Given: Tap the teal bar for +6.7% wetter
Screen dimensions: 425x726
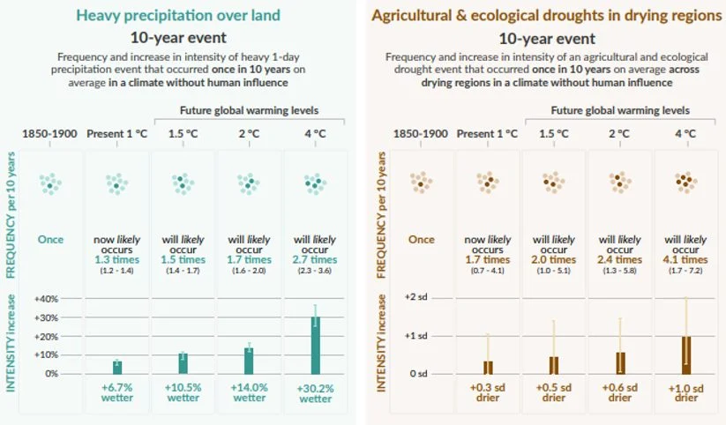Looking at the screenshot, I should (117, 367).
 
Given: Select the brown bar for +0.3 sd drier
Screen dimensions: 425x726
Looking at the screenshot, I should (488, 367).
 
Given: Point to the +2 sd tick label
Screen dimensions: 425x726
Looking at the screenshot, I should (415, 299).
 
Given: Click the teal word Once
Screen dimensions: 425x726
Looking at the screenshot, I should (50, 239).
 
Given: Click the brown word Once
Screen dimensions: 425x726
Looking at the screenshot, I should (421, 239).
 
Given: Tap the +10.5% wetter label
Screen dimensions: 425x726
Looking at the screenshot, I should (183, 392).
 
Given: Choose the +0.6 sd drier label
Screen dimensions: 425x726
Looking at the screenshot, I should (619, 392).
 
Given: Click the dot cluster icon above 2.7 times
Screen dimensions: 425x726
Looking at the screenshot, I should (315, 183).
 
